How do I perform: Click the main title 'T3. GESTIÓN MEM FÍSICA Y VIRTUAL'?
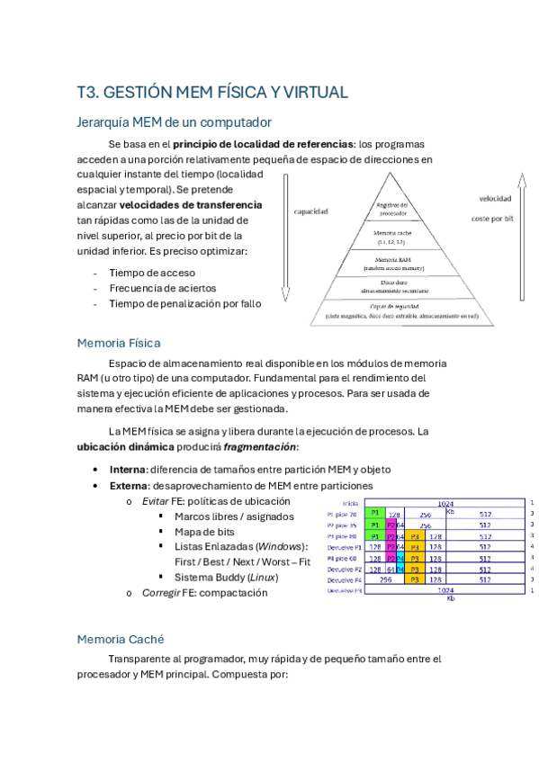(212, 93)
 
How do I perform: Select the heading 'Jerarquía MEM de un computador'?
(175, 121)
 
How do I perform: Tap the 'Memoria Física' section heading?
(120, 343)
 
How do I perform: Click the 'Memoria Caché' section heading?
(121, 639)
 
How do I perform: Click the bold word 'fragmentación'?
(259, 447)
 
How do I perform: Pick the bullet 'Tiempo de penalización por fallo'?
(185, 303)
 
